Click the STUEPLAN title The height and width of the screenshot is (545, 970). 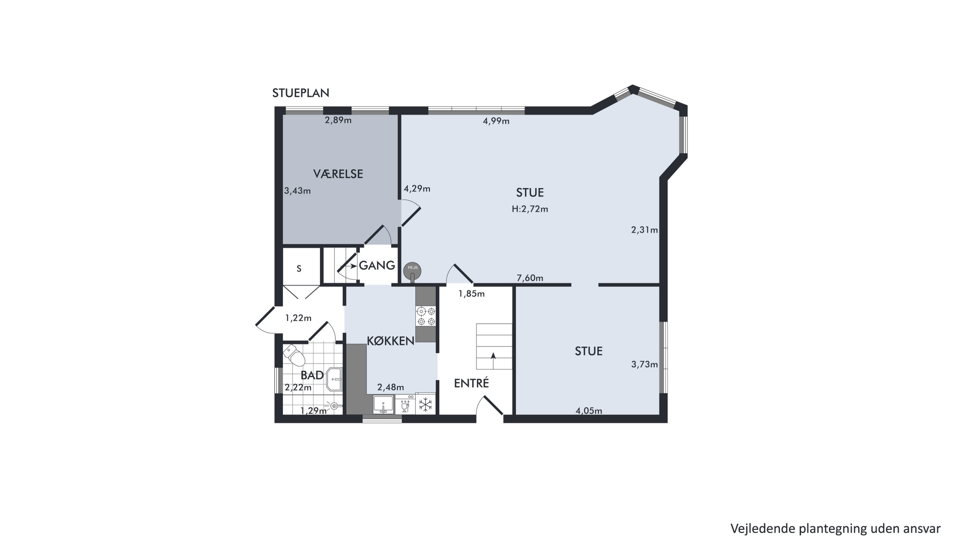pos(300,93)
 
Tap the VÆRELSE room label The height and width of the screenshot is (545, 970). pos(338,174)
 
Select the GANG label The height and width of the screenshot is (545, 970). pos(377,265)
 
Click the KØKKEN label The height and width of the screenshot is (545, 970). pos(391,341)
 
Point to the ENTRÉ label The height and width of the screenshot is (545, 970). pos(471,383)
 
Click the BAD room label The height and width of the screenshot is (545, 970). pos(312,375)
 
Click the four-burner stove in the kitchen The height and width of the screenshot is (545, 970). pos(426,316)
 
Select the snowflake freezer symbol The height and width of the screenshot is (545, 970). pos(426,405)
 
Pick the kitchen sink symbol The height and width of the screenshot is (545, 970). pos(383,405)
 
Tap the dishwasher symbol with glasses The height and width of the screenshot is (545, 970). pos(405,405)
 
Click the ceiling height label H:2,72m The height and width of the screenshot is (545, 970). pos(530,209)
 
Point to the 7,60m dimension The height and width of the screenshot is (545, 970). pos(530,278)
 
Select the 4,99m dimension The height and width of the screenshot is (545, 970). pos(496,121)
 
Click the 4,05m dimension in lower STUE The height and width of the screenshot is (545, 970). pos(588,411)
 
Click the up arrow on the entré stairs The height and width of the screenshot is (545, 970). pos(493,360)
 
